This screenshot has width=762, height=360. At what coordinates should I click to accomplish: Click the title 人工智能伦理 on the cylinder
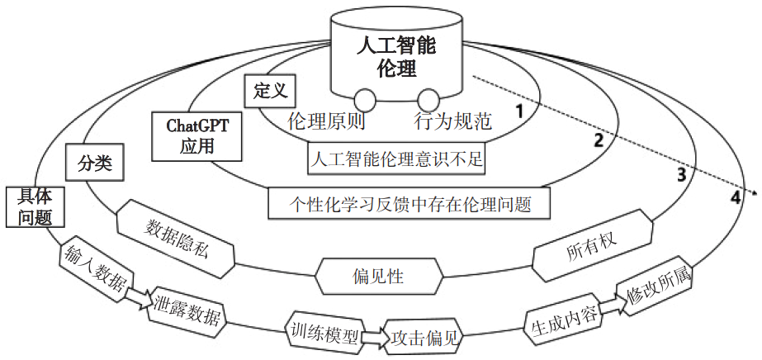[x=395, y=57]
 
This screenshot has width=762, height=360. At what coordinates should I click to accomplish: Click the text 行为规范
[x=452, y=123]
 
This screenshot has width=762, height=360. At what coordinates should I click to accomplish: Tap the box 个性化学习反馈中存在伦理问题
[x=409, y=201]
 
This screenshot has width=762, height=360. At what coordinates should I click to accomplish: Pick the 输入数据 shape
[x=93, y=268]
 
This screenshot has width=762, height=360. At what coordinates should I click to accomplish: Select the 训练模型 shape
[x=324, y=331]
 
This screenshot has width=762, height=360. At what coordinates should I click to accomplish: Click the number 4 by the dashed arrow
[x=735, y=197]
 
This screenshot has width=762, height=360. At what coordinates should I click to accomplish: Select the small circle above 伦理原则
[x=365, y=98]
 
